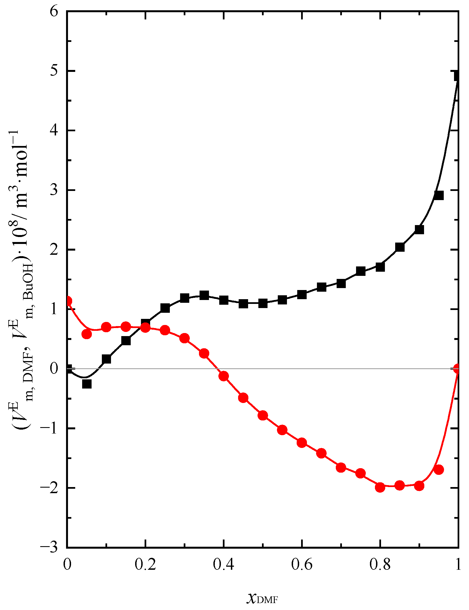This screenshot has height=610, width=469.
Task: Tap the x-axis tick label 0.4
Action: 223,565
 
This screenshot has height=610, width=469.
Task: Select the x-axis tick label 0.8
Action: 380,565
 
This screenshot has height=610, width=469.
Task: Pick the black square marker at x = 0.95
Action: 438,195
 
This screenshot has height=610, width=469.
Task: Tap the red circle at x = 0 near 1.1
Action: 68,301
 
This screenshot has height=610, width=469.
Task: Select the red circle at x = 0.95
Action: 438,470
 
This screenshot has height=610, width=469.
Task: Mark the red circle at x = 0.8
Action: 380,487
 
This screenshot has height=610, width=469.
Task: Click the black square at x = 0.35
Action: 204,295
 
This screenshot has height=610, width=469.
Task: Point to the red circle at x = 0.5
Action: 263,415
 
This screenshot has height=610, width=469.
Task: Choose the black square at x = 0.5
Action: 263,303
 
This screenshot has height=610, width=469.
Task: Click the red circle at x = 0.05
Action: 87,334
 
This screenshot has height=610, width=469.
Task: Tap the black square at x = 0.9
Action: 419,230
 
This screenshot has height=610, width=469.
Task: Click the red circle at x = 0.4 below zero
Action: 224,376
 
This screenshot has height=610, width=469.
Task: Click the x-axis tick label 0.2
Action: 145,565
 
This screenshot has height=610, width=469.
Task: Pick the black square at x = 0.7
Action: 341,284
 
